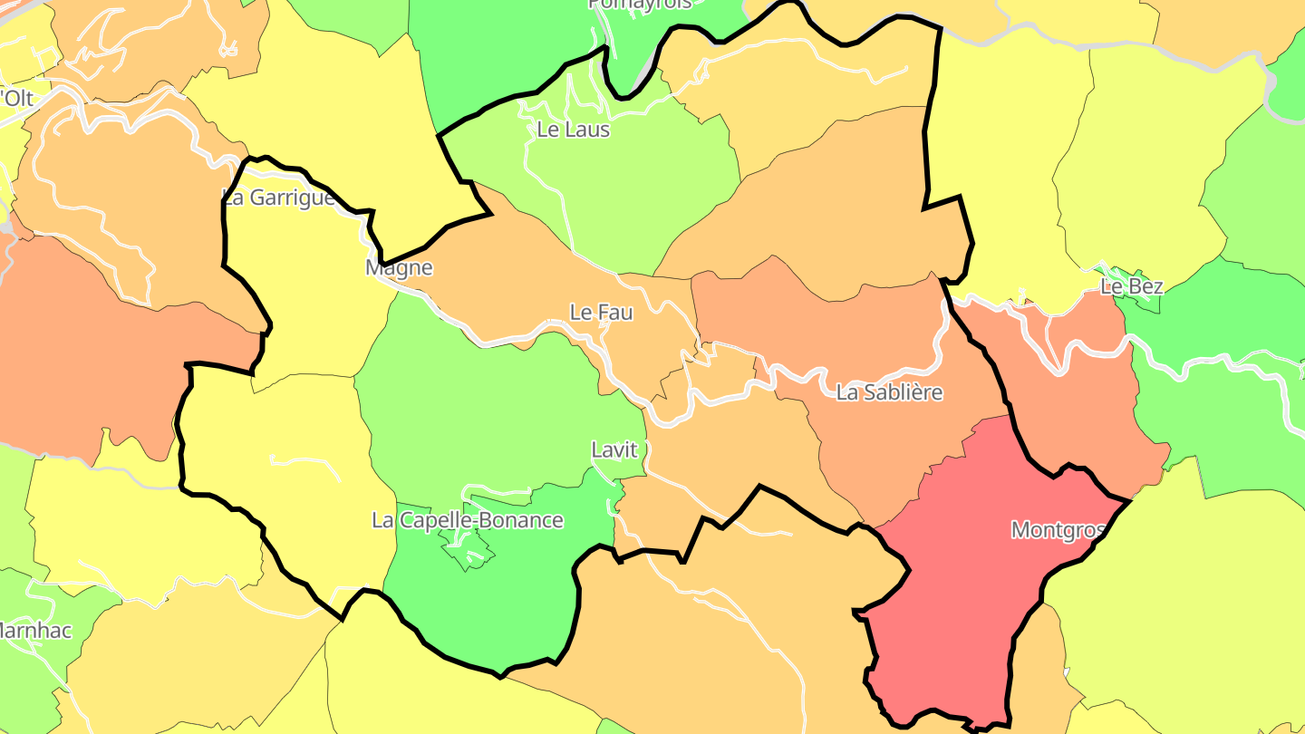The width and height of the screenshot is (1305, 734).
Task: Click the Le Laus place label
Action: coord(574,130)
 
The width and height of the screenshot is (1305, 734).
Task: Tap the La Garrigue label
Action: coord(278,198)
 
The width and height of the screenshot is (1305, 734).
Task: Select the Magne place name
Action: coord(399,268)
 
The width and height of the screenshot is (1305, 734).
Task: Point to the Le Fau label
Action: coord(602,313)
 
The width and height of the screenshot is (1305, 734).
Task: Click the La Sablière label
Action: coord(889,392)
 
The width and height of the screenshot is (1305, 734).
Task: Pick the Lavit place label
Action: coord(614,449)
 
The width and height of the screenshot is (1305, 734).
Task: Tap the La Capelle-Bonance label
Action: coord(468,521)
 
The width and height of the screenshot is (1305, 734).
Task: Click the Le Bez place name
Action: coord(1131,287)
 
